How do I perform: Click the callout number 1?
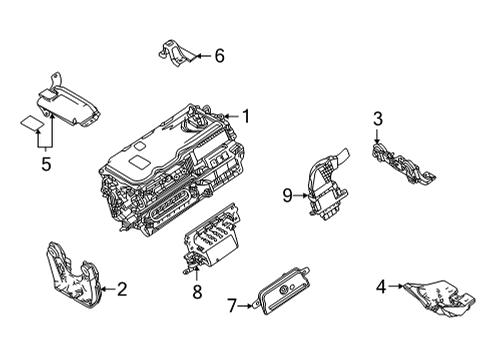click(245, 116)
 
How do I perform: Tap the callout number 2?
click(121, 290)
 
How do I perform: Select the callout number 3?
click(378, 121)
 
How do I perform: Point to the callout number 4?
click(381, 290)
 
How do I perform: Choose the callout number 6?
click(218, 56)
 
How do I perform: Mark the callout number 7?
click(230, 303)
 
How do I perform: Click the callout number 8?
click(196, 293)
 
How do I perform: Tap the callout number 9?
click(286, 196)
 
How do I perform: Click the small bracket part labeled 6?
click(177, 54)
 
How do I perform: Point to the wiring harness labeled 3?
click(405, 166)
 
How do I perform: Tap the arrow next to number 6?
click(201, 56)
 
